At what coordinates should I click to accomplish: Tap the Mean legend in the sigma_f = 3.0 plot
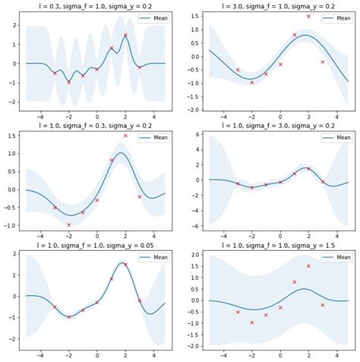(x=333, y=138)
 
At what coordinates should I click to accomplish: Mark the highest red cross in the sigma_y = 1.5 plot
(x=308, y=266)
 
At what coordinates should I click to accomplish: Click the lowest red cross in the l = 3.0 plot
(x=252, y=82)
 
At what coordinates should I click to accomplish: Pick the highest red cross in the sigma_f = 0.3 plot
(x=125, y=136)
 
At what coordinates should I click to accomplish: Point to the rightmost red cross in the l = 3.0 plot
(x=323, y=62)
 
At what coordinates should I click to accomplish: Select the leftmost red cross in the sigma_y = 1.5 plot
(x=238, y=312)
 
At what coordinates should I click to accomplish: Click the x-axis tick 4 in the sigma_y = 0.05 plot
(x=153, y=355)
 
